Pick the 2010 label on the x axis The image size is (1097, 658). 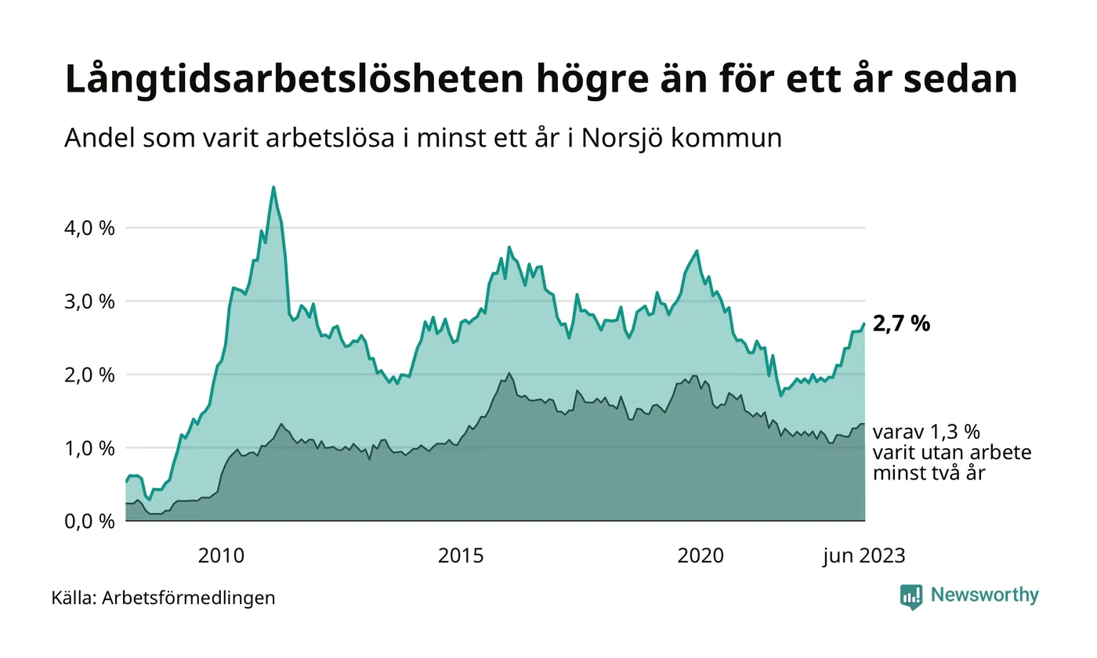pos(221,556)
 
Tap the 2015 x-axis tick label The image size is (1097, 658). pos(461,556)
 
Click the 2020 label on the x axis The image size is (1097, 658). pos(701,556)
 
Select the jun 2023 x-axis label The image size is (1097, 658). pos(863,556)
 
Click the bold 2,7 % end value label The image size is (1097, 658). pos(901,324)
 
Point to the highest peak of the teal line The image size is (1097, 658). pos(273,187)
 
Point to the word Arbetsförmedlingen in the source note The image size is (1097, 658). pos(189,598)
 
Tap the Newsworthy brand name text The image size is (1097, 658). pos(984,595)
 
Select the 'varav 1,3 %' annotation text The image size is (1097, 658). pos(926,432)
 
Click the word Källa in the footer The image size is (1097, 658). pos(73,598)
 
